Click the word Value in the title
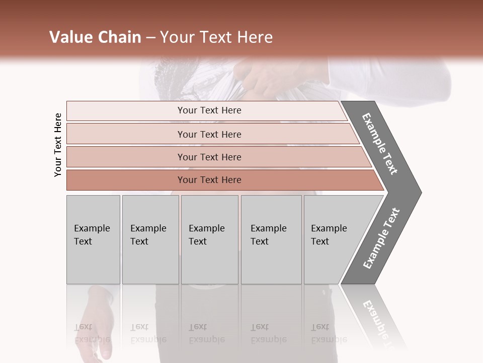point(70,37)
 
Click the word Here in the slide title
point(254,37)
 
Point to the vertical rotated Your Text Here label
point(58,145)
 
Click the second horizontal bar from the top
point(209,134)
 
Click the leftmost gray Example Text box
point(93,239)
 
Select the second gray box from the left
point(150,239)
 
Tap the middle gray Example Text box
point(209,239)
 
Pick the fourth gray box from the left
point(271,239)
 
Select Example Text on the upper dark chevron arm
point(380,144)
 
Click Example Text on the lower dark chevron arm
point(381,238)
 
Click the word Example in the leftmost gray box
point(92,228)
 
